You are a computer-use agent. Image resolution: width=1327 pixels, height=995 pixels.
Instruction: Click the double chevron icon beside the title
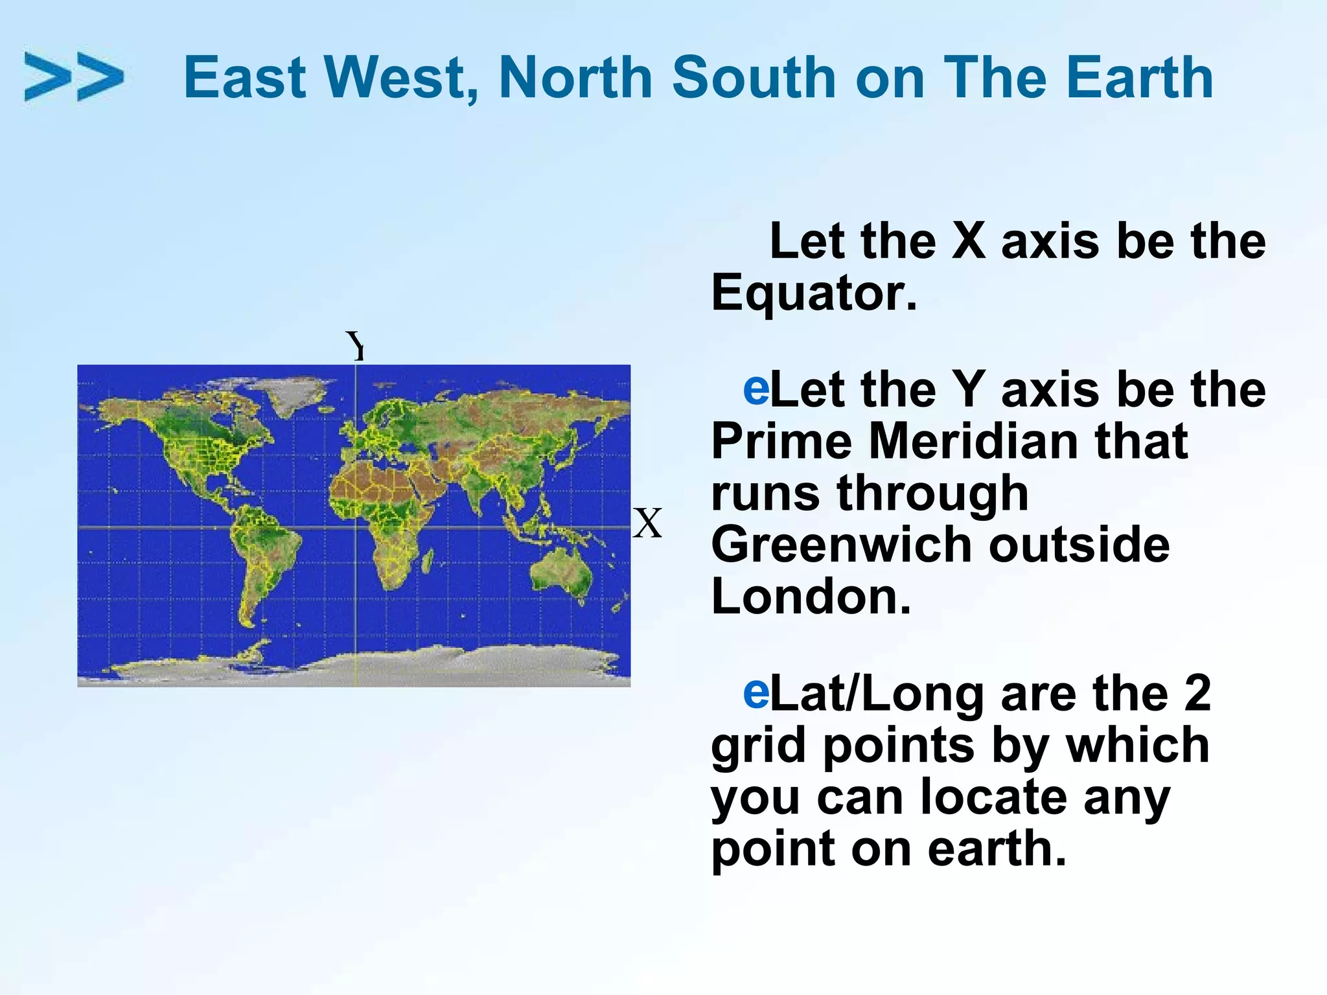pyautogui.click(x=73, y=77)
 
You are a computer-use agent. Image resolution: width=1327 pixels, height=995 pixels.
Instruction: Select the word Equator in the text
pyautogui.click(x=814, y=292)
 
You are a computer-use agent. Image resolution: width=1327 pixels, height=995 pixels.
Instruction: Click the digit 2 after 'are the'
pyautogui.click(x=1197, y=693)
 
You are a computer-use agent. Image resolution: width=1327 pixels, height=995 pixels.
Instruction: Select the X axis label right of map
pyautogui.click(x=647, y=523)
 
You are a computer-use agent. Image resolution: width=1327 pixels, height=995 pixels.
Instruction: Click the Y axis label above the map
pyautogui.click(x=356, y=345)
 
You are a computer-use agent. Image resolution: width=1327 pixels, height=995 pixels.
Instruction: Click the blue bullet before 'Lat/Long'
pyautogui.click(x=756, y=692)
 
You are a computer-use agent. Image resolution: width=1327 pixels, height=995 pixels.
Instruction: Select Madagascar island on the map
pyautogui.click(x=428, y=560)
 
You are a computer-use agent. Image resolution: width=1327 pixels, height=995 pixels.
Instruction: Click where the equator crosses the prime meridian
pyautogui.click(x=356, y=527)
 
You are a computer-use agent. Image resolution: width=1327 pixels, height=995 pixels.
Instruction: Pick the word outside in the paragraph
pyautogui.click(x=1079, y=544)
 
